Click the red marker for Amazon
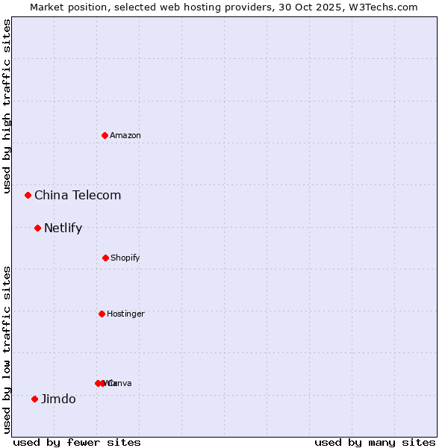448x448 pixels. click(105, 135)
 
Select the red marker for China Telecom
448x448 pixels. click(28, 195)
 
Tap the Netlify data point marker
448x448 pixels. click(37, 228)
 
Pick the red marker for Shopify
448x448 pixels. click(105, 258)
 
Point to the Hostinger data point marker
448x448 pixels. click(102, 314)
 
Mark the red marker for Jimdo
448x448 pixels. click(34, 399)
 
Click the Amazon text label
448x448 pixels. click(125, 135)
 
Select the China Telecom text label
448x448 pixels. click(78, 196)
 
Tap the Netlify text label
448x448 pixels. click(63, 228)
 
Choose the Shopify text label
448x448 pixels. click(125, 258)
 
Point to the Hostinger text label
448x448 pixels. click(125, 314)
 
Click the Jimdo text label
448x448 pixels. click(58, 399)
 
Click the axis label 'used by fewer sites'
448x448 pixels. click(77, 442)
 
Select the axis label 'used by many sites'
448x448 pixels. click(375, 442)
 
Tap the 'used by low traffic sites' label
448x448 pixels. click(7, 349)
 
